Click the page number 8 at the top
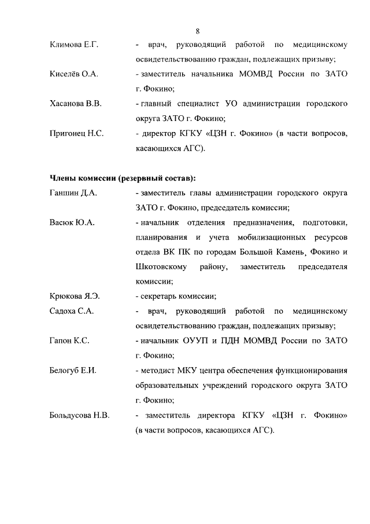coord(197,31)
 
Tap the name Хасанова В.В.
coord(76,104)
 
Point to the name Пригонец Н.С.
coord(76,134)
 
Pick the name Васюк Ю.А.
coord(72,222)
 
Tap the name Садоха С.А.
coord(72,311)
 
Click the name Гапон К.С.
coord(69,340)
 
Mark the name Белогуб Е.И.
coord(73,370)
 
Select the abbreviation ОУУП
coord(198,340)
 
